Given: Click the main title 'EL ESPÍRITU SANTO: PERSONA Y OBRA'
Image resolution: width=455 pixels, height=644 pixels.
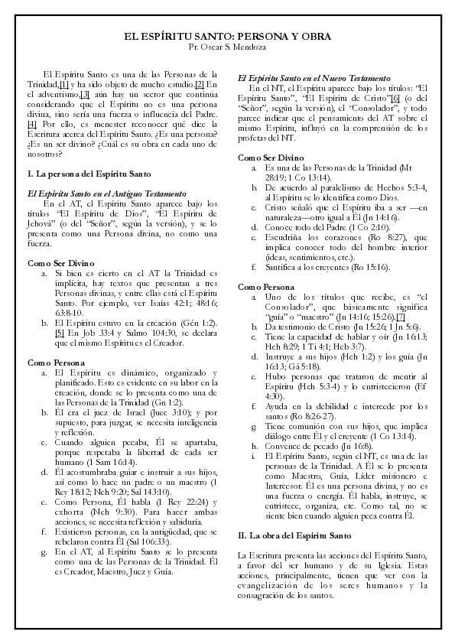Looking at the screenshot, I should (227, 36).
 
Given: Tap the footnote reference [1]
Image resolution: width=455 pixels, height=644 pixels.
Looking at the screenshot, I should (64, 83).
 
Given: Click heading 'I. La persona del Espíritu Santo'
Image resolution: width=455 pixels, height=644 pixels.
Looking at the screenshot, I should (79, 175).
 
